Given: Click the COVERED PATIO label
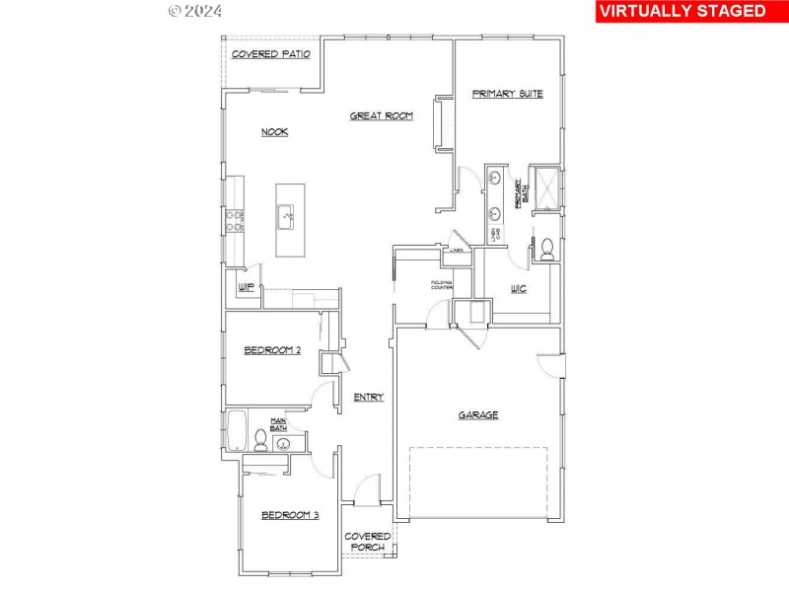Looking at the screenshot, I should [x=270, y=54].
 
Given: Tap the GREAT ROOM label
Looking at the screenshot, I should [x=381, y=115].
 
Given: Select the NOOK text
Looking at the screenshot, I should [x=274, y=132].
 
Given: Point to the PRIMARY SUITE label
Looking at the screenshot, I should [x=507, y=94].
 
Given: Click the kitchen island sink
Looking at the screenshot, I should [x=286, y=214].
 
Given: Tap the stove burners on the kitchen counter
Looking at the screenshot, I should [x=237, y=220].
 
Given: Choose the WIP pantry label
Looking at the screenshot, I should [x=247, y=287].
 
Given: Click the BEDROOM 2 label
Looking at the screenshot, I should [x=272, y=350].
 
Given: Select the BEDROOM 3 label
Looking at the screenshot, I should [x=290, y=514].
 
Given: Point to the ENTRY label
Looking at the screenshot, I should [x=369, y=397].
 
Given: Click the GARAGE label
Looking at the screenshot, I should [x=477, y=415].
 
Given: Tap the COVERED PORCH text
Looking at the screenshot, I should [x=368, y=542].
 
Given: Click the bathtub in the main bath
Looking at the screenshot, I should [x=236, y=431].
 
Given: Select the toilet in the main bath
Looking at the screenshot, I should [x=261, y=437].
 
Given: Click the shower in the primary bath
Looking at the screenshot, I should [x=544, y=187].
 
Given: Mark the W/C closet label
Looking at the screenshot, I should [x=518, y=289].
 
